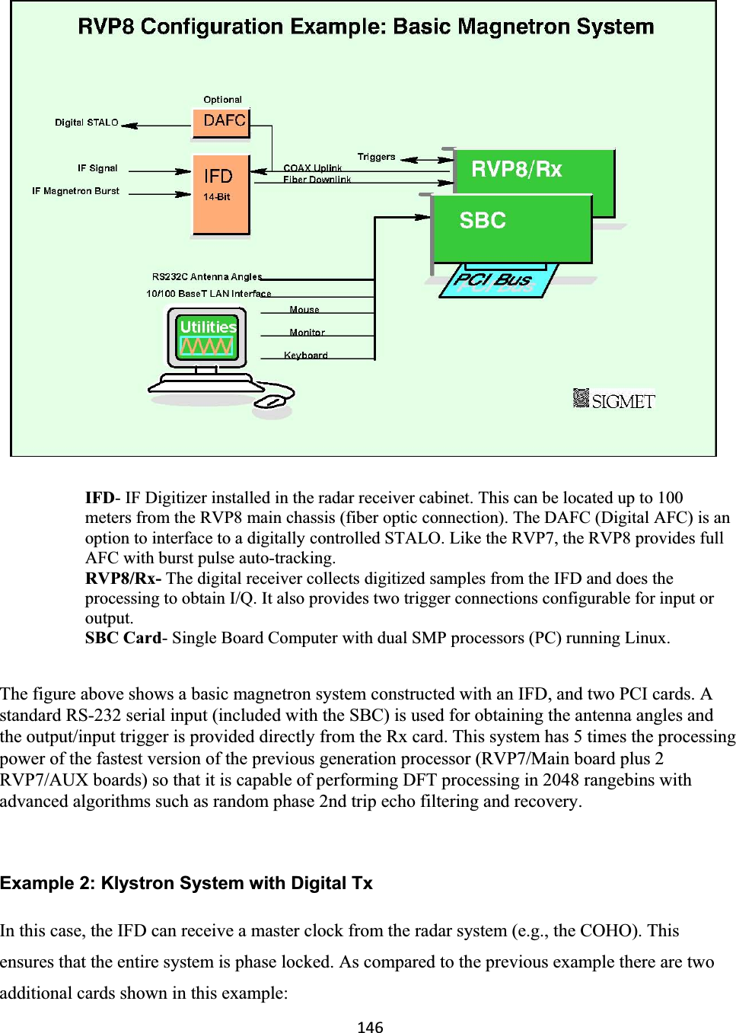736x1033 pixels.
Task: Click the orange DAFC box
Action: tap(221, 123)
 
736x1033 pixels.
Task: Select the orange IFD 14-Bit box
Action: tap(221, 195)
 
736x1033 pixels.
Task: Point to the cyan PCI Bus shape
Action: tap(495, 282)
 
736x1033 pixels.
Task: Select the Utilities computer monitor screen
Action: tap(207, 337)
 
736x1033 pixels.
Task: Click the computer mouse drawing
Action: tap(272, 401)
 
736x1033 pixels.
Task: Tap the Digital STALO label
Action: tap(87, 123)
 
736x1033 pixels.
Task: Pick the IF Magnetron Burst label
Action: tap(75, 191)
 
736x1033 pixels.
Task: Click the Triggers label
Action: tap(376, 158)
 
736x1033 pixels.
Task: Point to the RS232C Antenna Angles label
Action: tap(206, 277)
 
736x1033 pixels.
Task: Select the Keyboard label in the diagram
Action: tap(305, 355)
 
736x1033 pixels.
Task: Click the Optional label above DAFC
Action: tap(222, 100)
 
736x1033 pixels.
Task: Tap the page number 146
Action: tap(370, 1027)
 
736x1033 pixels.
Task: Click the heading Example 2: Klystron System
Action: tap(186, 883)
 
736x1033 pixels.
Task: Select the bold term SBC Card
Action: tap(123, 638)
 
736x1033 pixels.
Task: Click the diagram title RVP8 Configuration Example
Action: tap(365, 27)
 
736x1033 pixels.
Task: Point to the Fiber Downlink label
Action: tap(317, 180)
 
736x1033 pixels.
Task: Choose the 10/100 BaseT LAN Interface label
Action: tap(208, 294)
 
